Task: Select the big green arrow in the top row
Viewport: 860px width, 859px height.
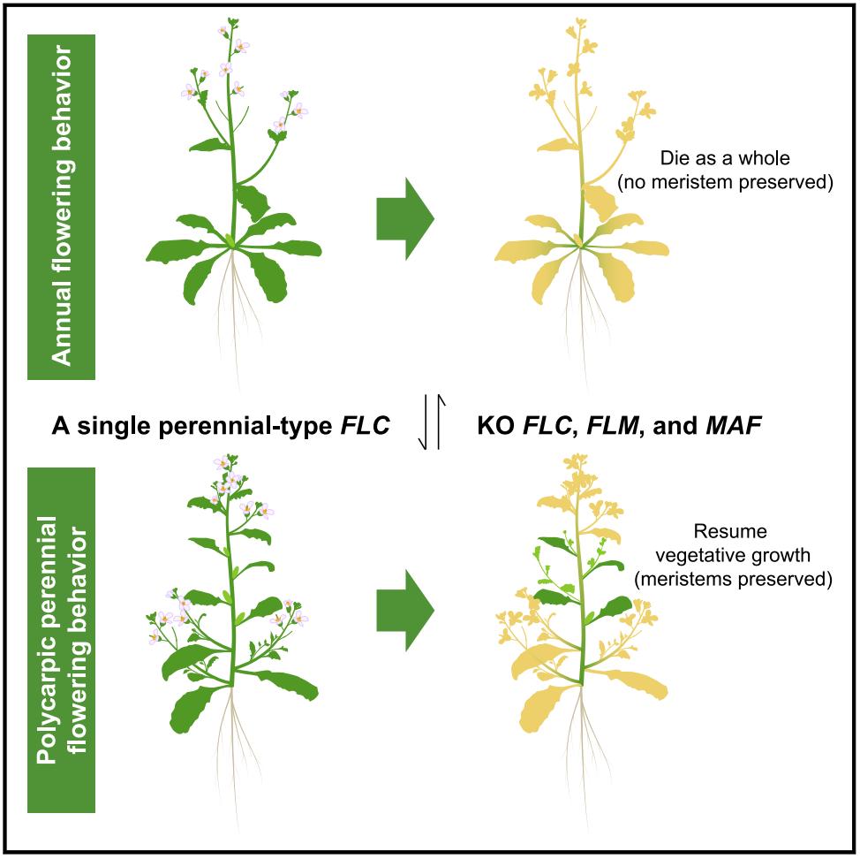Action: (x=405, y=218)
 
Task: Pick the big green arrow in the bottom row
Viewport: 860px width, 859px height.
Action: (x=405, y=610)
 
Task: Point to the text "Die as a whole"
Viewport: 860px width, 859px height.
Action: (x=725, y=158)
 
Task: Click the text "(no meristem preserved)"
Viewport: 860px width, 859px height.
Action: (x=725, y=182)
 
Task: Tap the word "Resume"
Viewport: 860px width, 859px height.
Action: (x=730, y=531)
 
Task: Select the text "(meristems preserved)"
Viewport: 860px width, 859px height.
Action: (x=734, y=579)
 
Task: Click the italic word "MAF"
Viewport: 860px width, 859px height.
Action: (x=734, y=425)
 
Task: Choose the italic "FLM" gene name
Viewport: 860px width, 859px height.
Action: (x=612, y=425)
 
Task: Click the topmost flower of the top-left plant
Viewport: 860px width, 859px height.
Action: (x=223, y=31)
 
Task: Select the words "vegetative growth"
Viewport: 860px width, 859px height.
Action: (x=733, y=555)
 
